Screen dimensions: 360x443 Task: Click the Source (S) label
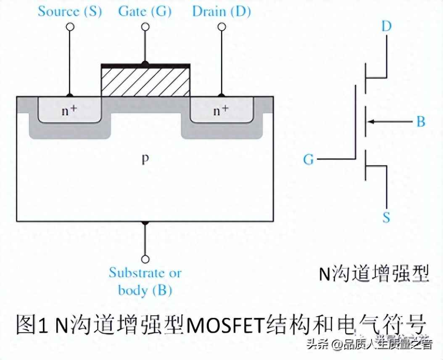(70, 11)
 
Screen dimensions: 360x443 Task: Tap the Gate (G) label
(145, 11)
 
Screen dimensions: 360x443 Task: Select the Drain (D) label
(221, 11)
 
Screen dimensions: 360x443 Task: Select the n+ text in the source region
(70, 111)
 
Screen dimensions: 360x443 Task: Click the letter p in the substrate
(145, 160)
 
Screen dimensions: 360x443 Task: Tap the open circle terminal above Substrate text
(145, 259)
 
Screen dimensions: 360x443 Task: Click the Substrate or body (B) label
(145, 281)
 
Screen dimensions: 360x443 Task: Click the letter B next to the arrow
(420, 122)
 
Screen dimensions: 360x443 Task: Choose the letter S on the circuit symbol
(386, 217)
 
